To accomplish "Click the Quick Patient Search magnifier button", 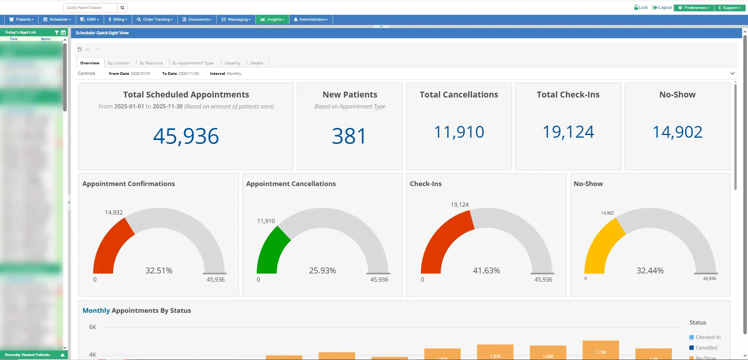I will [x=122, y=8].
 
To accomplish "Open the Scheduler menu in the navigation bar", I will [x=57, y=20].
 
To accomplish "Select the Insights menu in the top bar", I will [x=272, y=20].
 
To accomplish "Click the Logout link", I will [x=662, y=7].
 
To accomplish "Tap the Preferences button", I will [x=694, y=8].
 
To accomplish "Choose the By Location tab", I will [x=119, y=63].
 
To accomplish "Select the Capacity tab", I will [x=232, y=63].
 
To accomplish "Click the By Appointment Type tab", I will [x=193, y=63].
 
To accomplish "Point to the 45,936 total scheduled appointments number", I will [x=186, y=136].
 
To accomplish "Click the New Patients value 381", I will [x=349, y=136].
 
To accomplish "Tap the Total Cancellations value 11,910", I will [x=459, y=132].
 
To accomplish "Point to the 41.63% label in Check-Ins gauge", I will [x=486, y=271].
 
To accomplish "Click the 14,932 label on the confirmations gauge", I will [x=113, y=213].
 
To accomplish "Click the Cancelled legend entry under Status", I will [x=706, y=348].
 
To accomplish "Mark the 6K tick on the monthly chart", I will [x=92, y=327].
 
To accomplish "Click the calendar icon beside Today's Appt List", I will [x=63, y=33].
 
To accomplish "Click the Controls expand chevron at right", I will [x=732, y=73].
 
